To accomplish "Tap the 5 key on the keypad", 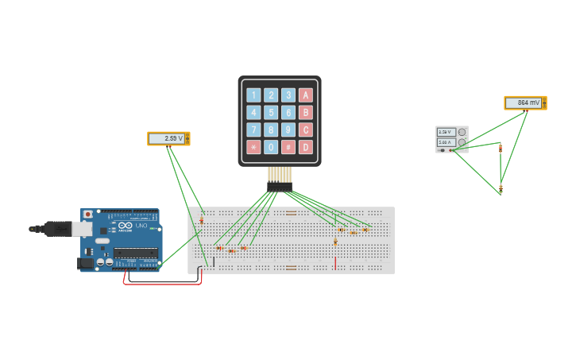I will tap(271, 113).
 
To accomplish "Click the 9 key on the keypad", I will tap(288, 130).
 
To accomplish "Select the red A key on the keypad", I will tap(306, 95).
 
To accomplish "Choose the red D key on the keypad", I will tap(306, 147).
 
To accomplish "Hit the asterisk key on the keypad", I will tap(253, 147).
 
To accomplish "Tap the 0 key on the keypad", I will tap(271, 147).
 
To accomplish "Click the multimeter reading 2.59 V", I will tap(168, 138).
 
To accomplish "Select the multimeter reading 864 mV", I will tap(525, 103).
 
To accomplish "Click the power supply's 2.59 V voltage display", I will tap(446, 132).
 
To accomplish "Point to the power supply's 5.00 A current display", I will tap(446, 142).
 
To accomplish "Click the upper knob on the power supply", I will tap(462, 132).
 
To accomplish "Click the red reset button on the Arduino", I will tap(87, 214).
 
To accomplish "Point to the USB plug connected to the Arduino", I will tap(60, 229).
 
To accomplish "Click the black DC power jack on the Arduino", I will tap(84, 263).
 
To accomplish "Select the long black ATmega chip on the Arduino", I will tap(135, 253).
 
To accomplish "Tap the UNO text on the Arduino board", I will tap(142, 226).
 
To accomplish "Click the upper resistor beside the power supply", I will tap(501, 148).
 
